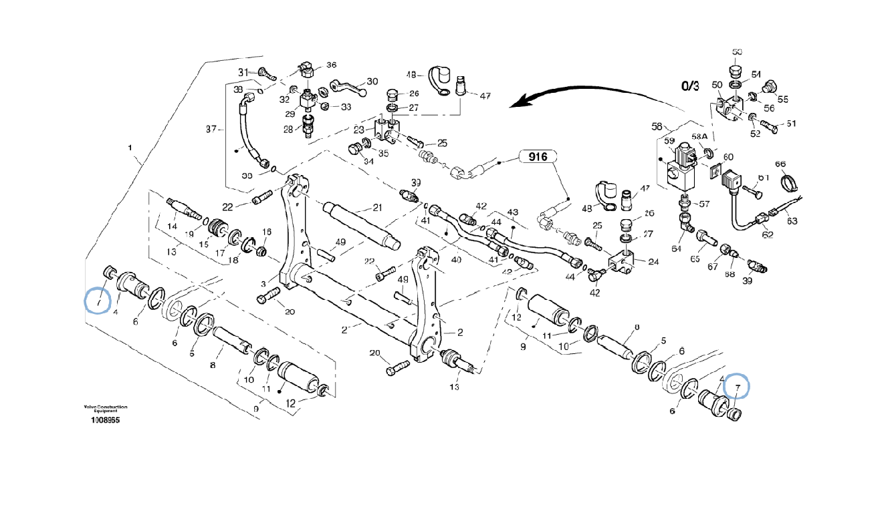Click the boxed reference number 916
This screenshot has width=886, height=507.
point(537,158)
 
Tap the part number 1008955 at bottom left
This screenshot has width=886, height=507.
point(106,421)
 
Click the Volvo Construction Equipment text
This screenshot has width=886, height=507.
point(106,409)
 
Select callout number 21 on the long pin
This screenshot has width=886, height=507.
point(377,207)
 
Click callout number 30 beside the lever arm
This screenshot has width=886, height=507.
point(372,81)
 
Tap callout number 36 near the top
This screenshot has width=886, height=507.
point(331,65)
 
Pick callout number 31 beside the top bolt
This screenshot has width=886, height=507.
point(243,71)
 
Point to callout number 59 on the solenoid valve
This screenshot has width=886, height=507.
point(668,141)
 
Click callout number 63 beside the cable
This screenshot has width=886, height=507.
point(792,220)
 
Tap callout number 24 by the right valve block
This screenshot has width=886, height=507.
point(653,261)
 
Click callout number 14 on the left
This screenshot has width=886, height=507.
point(173,227)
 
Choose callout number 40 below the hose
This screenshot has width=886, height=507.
point(456,259)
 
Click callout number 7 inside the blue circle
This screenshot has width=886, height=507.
point(738,387)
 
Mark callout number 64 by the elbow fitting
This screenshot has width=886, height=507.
point(677,249)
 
